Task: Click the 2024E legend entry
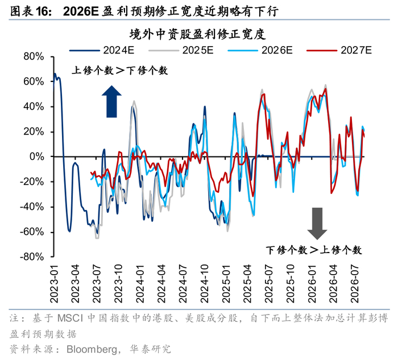pyautogui.click(x=102, y=50)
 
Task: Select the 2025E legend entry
pyautogui.click(x=181, y=50)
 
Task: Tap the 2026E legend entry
pyautogui.click(x=260, y=50)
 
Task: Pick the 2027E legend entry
pyautogui.click(x=339, y=50)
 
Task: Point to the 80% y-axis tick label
pyautogui.click(x=34, y=57)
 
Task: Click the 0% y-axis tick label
pyautogui.click(x=37, y=156)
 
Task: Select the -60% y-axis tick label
pyautogui.click(x=32, y=232)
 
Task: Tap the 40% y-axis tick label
pyautogui.click(x=34, y=106)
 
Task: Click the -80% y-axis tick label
pyautogui.click(x=32, y=256)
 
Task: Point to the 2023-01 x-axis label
pyautogui.click(x=54, y=284)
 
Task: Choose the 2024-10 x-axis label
pyautogui.click(x=204, y=284)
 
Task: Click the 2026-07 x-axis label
pyautogui.click(x=355, y=284)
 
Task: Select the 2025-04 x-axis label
pyautogui.click(x=247, y=284)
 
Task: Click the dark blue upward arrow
pyautogui.click(x=111, y=102)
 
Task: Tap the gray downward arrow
pyautogui.click(x=317, y=224)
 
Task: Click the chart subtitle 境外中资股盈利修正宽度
pyautogui.click(x=198, y=34)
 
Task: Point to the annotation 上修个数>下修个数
pyautogui.click(x=120, y=71)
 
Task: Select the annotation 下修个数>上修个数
pyautogui.click(x=314, y=250)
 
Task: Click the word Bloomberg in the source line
pyautogui.click(x=92, y=350)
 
